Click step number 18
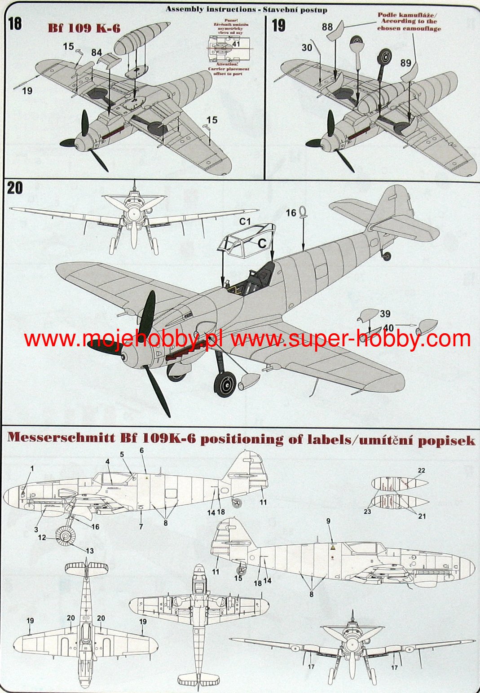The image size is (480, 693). pos(15,24)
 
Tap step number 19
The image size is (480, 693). pos(278,25)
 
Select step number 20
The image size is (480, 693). pos(15,188)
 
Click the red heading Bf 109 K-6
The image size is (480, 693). pos(84,28)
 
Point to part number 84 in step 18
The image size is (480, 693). pos(97,53)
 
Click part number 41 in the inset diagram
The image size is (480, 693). pos(237,44)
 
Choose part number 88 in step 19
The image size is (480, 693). pos(327,27)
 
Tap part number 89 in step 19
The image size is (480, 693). pos(405,63)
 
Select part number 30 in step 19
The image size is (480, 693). pos(307,47)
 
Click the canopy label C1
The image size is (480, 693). pos(245,221)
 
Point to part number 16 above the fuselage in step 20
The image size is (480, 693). pos(291,212)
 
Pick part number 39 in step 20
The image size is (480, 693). pos(385,314)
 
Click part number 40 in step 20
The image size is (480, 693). pos(388,328)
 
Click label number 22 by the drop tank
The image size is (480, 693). pos(421,471)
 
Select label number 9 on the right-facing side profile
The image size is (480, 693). pos(328,521)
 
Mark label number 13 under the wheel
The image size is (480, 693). pos(90,551)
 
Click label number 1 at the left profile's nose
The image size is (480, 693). pos(32,468)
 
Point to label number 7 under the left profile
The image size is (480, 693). pos(141,526)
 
